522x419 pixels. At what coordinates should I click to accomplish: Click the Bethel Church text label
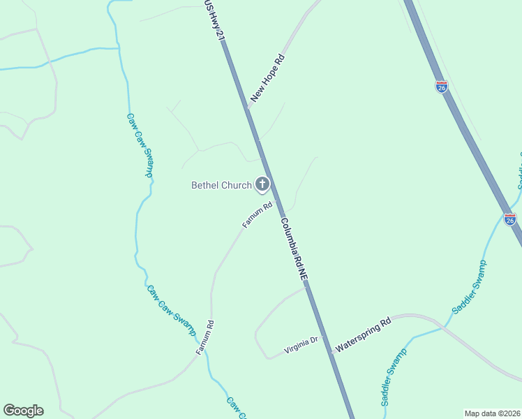pyautogui.click(x=221, y=185)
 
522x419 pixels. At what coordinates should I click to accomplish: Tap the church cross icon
pyautogui.click(x=262, y=184)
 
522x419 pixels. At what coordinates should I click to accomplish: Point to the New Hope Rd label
pyautogui.click(x=268, y=79)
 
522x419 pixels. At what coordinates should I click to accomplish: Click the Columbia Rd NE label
pyautogui.click(x=294, y=249)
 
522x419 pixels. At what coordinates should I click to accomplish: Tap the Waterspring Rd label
pyautogui.click(x=364, y=335)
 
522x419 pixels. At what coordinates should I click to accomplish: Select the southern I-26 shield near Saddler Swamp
pyautogui.click(x=510, y=219)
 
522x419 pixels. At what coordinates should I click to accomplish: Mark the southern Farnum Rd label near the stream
pyautogui.click(x=204, y=337)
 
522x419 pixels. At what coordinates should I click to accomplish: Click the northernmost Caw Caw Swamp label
pyautogui.click(x=140, y=145)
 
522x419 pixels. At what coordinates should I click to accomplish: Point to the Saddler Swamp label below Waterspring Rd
pyautogui.click(x=394, y=378)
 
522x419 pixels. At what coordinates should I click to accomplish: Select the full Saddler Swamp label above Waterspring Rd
pyautogui.click(x=470, y=287)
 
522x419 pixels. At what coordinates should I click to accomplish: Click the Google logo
pyautogui.click(x=23, y=411)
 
